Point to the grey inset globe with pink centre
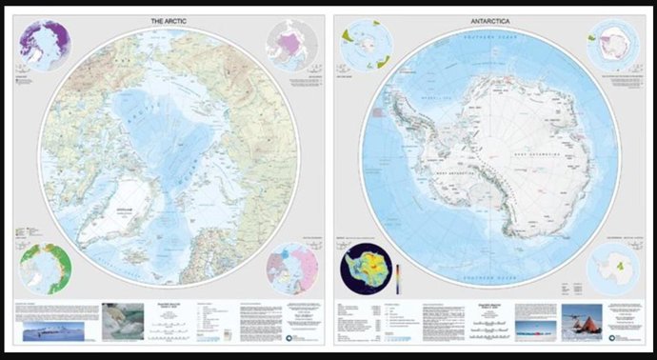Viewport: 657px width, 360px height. point(292,44)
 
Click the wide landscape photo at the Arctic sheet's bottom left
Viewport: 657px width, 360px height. point(53,329)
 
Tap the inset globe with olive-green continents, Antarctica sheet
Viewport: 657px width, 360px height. point(363,45)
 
